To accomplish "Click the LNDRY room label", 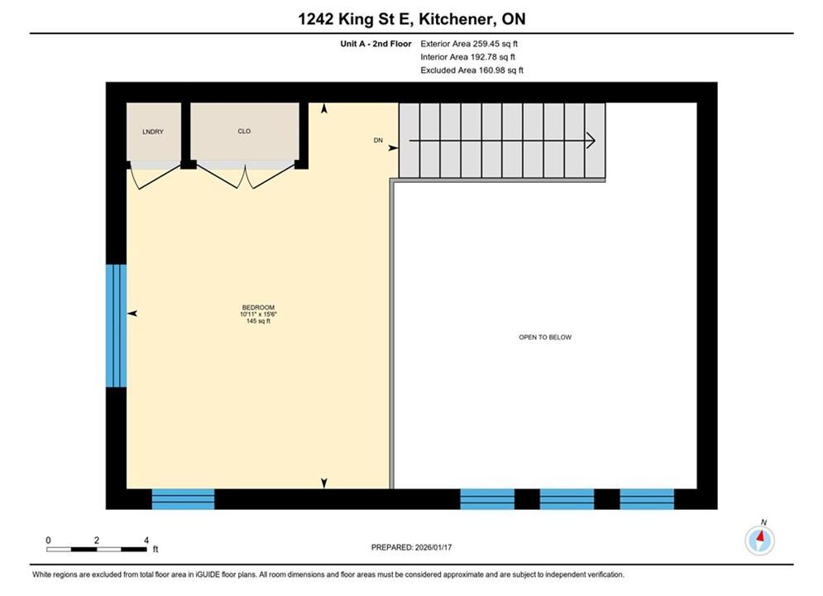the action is tap(153, 132).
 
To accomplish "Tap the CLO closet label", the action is tap(244, 132).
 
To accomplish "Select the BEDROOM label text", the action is tap(258, 308).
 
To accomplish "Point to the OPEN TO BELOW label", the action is tap(545, 337).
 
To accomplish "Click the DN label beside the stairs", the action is tap(378, 140).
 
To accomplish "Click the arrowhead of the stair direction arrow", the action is tap(591, 141).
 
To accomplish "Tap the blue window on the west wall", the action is tap(116, 325).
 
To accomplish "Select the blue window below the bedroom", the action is tap(183, 499).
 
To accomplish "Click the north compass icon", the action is tap(760, 539).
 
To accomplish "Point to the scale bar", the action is tap(97, 550).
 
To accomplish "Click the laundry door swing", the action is tap(156, 175).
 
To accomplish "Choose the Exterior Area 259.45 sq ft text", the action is tap(469, 44).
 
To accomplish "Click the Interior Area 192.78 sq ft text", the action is tap(467, 57).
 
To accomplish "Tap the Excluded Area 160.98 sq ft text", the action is tap(471, 70).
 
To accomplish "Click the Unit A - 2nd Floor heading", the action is tap(376, 44).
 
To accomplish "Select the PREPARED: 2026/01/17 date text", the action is tap(412, 547).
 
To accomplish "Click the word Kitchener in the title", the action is tap(460, 19).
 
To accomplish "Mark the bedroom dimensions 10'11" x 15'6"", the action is tap(258, 314).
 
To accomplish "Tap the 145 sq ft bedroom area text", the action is tap(258, 321).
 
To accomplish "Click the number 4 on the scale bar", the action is tap(146, 540).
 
